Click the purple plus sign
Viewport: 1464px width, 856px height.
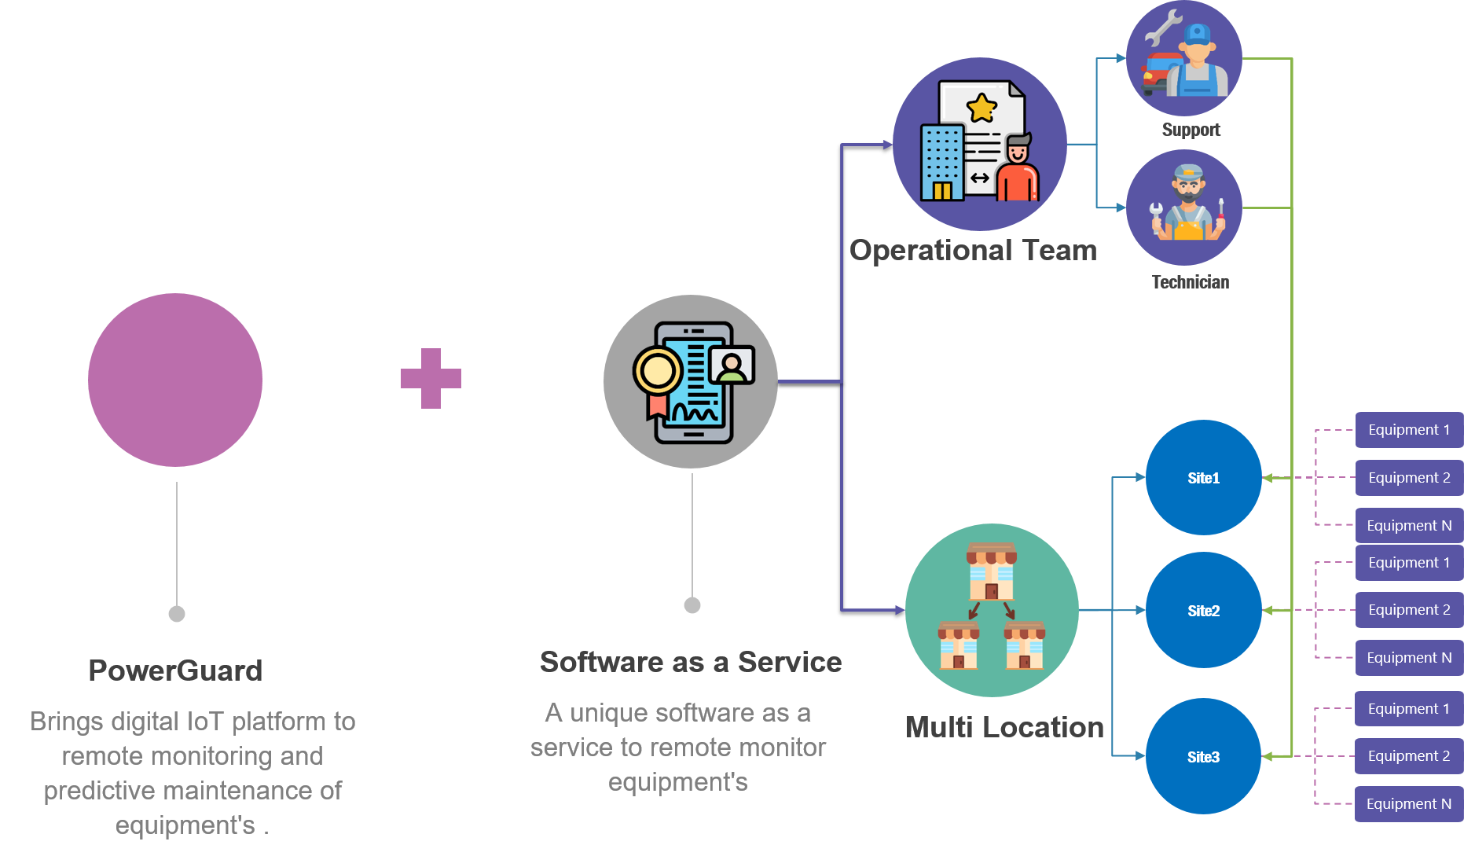coord(431,378)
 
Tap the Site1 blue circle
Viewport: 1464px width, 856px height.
coord(1203,478)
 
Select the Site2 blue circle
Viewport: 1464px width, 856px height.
coord(1203,611)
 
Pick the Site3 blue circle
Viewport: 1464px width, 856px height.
coord(1203,757)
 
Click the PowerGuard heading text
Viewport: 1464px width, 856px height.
coord(175,670)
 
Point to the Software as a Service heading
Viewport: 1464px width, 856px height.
coord(691,662)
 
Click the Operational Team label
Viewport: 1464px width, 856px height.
coord(973,250)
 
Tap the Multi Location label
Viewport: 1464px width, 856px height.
coord(1004,727)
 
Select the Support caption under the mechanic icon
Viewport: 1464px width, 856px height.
coord(1191,130)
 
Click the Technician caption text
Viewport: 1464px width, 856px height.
coord(1190,282)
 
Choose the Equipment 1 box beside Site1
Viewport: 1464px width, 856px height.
coord(1408,430)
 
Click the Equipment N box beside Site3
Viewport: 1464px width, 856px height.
coord(1408,804)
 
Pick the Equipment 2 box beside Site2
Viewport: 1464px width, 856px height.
coord(1408,610)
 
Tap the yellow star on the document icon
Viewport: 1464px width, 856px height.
coord(982,108)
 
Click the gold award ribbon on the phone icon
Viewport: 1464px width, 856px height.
coord(657,373)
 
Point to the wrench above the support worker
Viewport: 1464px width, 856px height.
coord(1162,28)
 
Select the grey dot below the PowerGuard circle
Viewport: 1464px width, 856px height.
coord(177,614)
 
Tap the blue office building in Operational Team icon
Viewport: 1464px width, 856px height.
coord(941,163)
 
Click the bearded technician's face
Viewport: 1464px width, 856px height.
coord(1188,186)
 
